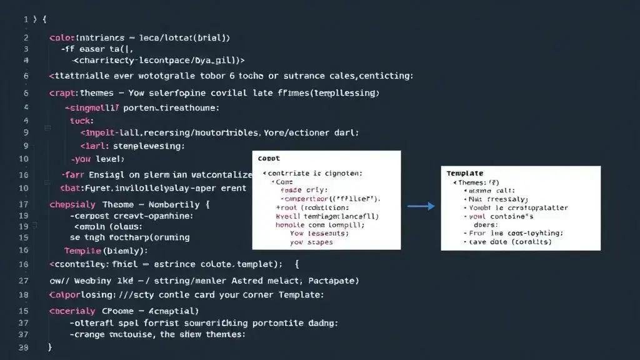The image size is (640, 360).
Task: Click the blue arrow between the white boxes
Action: tap(421, 205)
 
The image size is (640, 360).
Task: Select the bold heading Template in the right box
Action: tap(465, 172)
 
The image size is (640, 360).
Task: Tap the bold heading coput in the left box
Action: tap(269, 158)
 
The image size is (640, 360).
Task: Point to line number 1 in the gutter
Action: tap(26, 19)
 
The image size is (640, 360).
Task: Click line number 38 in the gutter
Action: tap(23, 347)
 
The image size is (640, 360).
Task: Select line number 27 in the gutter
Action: tap(23, 281)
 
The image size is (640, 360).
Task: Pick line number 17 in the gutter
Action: tap(23, 204)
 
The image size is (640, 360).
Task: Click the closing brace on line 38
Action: tap(49, 347)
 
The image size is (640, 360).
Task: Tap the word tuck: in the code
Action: tap(81, 121)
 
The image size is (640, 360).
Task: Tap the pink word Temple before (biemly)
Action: tap(83, 251)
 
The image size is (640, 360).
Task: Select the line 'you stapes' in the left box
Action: tap(311, 242)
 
